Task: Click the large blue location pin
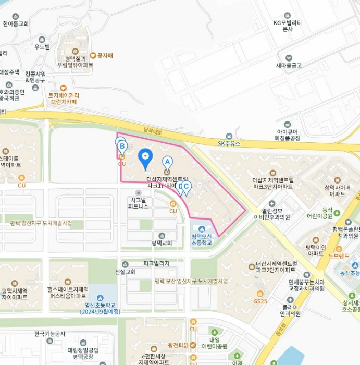coord(145,157)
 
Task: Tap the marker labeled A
coord(167,162)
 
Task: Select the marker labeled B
coord(121,145)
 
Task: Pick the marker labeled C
coord(186,187)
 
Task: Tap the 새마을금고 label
coord(289,65)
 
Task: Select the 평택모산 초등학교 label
coord(201,239)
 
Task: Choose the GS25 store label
coord(260,301)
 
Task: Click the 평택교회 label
coord(162,242)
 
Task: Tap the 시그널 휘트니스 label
coord(139,202)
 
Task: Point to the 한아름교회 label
coord(16,23)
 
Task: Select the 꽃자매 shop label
coord(105,55)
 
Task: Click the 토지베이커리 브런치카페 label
coord(64,99)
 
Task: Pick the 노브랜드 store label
coord(339,256)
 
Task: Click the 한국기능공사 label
coord(49,334)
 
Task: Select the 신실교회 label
coord(125,272)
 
